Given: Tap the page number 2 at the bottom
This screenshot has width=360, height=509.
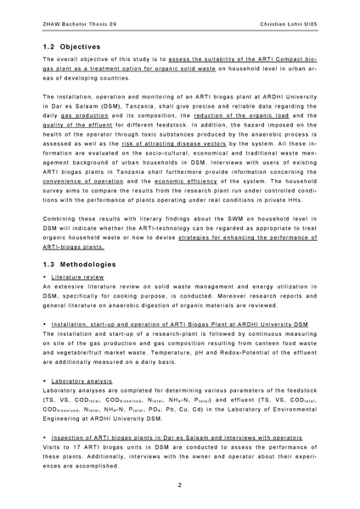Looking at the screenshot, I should pos(179,484).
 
